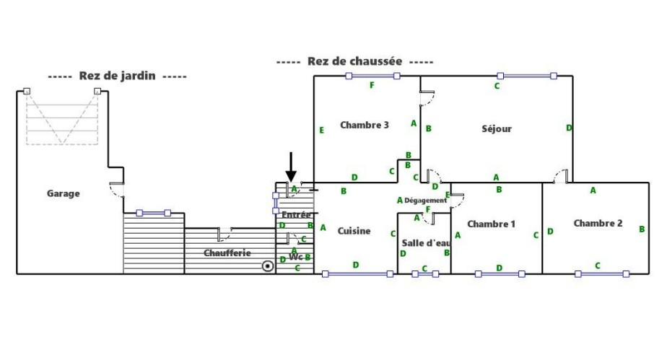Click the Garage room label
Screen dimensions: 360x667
click(64, 193)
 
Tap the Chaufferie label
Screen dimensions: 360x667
click(227, 253)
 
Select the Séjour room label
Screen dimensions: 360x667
click(497, 129)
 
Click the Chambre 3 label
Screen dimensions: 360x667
click(365, 125)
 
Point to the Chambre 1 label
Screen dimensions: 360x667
click(491, 224)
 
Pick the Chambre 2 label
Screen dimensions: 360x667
click(598, 223)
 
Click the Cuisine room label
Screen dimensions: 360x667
click(354, 231)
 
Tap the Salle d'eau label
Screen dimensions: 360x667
click(426, 242)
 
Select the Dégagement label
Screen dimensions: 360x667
click(425, 200)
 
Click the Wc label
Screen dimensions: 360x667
click(295, 257)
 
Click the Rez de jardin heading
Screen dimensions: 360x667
click(117, 76)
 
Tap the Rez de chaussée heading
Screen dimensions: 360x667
click(354, 61)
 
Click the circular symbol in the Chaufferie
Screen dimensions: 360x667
click(268, 266)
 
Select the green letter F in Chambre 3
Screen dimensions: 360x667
click(372, 86)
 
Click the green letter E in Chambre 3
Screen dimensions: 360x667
click(321, 130)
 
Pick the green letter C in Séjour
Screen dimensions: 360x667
click(497, 87)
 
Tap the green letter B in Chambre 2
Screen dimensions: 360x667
click(642, 229)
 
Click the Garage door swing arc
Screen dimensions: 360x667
click(116, 190)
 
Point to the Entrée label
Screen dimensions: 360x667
click(296, 214)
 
